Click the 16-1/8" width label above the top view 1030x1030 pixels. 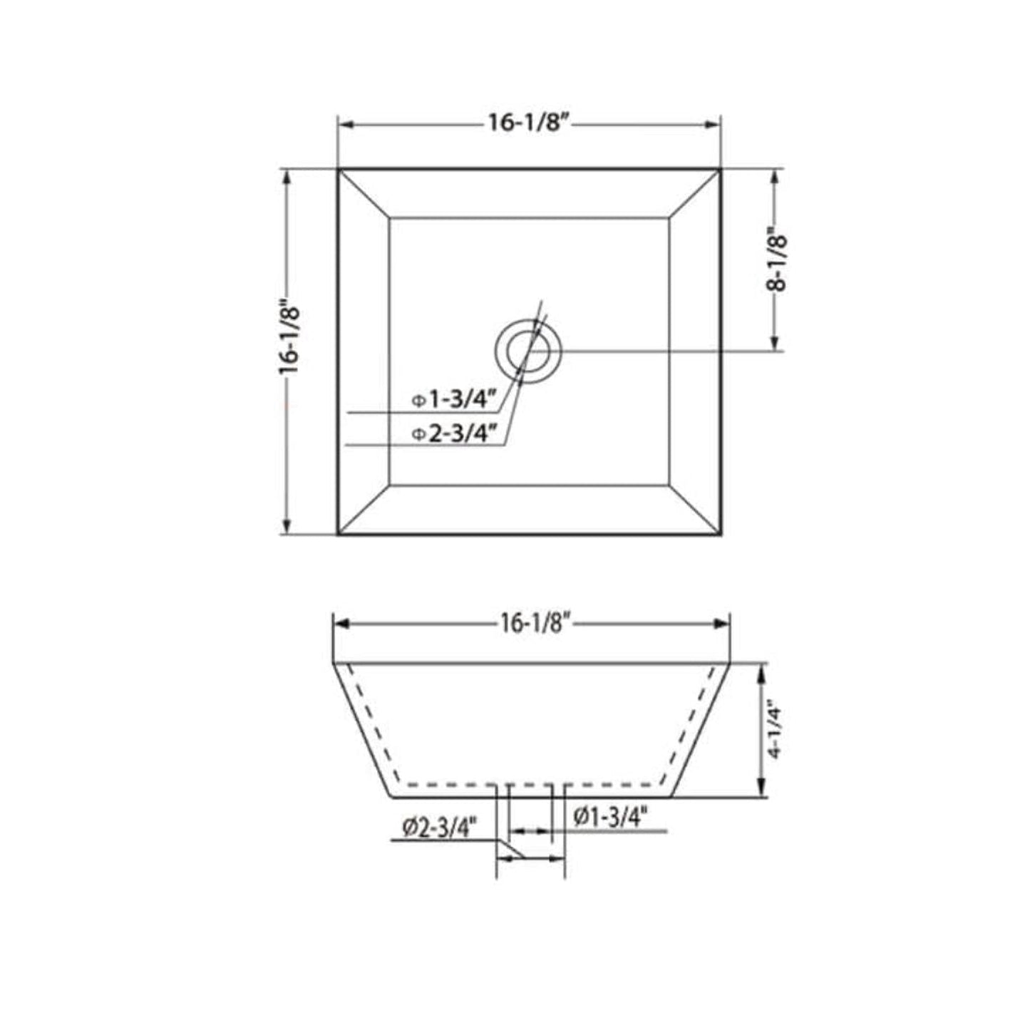(527, 123)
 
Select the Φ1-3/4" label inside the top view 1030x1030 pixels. (453, 400)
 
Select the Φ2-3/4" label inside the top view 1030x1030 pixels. (453, 433)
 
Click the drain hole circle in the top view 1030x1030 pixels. (528, 351)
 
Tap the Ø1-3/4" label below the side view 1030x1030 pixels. (611, 817)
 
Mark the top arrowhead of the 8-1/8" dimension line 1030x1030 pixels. (774, 176)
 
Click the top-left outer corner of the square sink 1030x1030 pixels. (339, 170)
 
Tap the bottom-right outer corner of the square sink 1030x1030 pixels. (721, 534)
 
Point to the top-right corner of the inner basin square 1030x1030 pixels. (669, 218)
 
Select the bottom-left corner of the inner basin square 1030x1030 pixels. (390, 485)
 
